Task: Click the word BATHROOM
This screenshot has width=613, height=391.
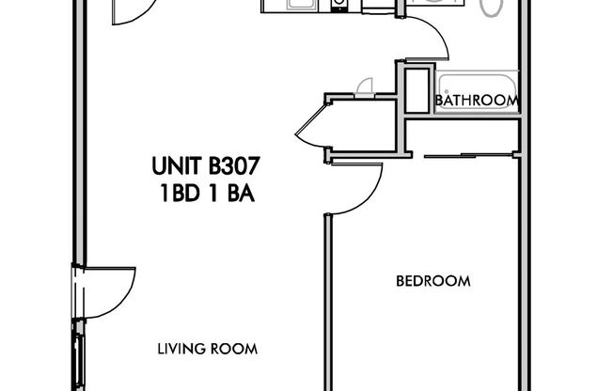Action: point(477,101)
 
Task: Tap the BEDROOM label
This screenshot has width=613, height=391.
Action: point(432,281)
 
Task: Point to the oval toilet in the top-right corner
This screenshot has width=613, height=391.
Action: point(491,8)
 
